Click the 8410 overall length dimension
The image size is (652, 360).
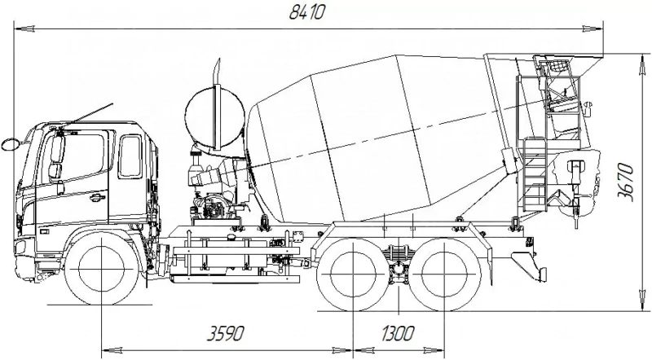306,13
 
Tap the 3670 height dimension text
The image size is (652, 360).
626,183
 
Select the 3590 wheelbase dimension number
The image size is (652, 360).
226,333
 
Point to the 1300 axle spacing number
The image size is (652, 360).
398,333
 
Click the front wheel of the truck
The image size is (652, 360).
101,269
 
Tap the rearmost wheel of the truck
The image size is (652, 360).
444,274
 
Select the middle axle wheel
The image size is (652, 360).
353,274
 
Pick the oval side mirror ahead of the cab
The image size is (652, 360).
11,144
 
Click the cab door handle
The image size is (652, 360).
96,197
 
